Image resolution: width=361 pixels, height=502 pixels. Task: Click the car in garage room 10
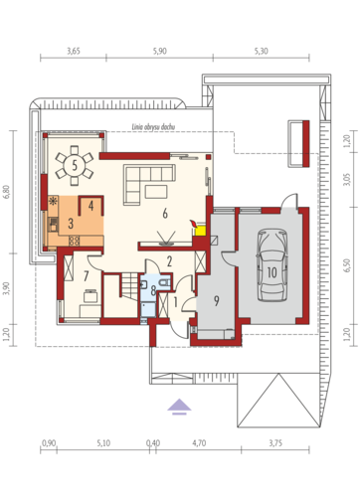coord(271,265)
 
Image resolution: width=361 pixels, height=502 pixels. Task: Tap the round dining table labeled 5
coord(75,165)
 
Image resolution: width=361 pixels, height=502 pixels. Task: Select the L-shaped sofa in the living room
coord(149,184)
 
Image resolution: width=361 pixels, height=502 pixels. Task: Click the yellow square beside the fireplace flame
coord(201,231)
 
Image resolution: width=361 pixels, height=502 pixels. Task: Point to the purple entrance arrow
coord(179,407)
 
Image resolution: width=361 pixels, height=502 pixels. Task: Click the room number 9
coord(216,300)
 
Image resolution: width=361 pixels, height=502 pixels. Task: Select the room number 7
coord(86,275)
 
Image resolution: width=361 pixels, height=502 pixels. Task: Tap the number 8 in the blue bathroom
coord(153,290)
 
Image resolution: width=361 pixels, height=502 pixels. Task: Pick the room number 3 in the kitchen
coord(71,224)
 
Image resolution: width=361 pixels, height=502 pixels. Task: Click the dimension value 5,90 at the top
coord(159,51)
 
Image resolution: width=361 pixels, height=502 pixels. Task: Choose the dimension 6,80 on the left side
coord(7,192)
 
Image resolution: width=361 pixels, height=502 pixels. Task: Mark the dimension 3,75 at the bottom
coord(275,443)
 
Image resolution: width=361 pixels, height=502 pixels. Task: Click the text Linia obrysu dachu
coord(153,127)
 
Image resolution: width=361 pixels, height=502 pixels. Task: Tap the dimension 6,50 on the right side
coord(347,265)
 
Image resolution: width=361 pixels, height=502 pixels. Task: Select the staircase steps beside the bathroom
coord(129,285)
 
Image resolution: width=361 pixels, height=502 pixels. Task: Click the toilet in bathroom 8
coord(165,283)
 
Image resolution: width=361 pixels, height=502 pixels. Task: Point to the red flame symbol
coord(192,224)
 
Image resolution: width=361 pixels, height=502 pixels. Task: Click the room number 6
coord(165,214)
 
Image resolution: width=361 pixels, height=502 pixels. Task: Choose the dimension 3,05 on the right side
coord(347,179)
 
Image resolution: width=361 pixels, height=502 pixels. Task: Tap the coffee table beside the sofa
coord(156,192)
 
